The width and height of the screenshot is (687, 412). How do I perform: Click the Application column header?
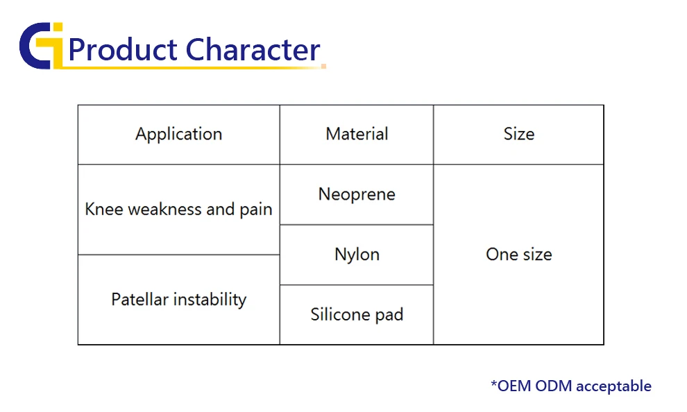179,135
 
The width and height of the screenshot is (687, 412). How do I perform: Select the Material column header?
357,134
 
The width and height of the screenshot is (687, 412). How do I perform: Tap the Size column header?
519,134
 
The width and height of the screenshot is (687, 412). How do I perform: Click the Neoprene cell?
357,194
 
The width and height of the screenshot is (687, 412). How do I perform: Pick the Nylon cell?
357,255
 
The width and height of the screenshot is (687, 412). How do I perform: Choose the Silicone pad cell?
357,314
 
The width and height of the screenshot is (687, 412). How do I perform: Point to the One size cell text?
519,255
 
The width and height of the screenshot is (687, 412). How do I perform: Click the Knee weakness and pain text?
178,209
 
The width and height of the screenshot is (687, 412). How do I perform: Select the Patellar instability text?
179,300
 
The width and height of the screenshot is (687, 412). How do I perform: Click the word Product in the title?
123,49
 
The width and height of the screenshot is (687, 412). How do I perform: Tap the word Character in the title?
253,49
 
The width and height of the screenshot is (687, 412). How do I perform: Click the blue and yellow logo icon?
41,46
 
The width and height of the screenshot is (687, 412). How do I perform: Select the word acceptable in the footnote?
613,386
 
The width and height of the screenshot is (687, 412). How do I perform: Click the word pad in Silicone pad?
389,315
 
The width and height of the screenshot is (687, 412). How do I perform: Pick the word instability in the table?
210,300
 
